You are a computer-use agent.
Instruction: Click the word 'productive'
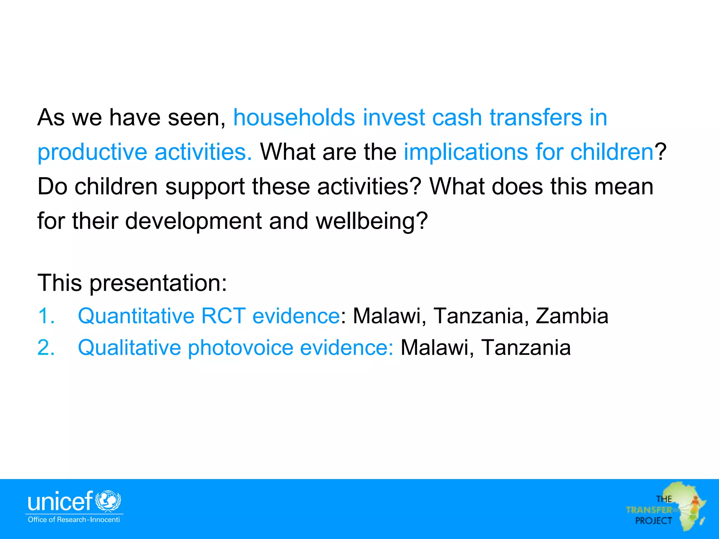pos(92,152)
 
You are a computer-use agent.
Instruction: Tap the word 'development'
pos(193,221)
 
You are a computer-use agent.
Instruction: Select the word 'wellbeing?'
pos(372,221)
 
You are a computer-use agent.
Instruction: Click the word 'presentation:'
pos(158,283)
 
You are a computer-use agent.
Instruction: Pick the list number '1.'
pos(46,315)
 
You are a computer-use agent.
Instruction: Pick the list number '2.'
pos(46,347)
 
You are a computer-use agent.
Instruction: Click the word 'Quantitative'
pos(136,315)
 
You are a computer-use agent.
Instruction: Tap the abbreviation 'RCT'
pos(223,315)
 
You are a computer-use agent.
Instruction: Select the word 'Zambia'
pos(572,315)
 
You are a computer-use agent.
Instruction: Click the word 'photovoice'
pos(240,347)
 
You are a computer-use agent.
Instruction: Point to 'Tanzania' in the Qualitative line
pos(526,347)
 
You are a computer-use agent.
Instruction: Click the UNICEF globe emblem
pos(108,501)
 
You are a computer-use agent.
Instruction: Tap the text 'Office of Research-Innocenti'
pos(74,520)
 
